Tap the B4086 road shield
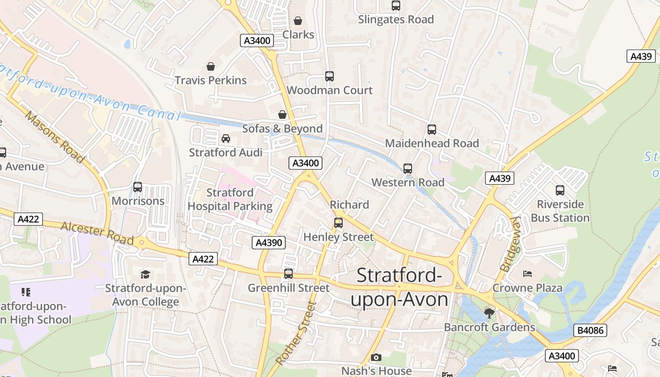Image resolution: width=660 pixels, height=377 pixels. point(590,330)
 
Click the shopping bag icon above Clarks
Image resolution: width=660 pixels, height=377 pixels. point(298,21)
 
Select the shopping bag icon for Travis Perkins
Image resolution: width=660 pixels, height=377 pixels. point(211,66)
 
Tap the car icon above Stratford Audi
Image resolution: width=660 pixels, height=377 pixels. point(226,139)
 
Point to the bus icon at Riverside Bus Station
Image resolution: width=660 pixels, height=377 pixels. point(560,190)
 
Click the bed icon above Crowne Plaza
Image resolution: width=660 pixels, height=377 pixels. point(528,274)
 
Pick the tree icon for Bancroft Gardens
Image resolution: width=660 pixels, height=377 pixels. point(489,313)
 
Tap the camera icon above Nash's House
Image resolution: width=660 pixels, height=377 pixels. point(376,358)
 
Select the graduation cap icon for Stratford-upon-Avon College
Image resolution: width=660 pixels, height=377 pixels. point(145,274)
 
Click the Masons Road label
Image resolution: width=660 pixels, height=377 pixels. point(55,137)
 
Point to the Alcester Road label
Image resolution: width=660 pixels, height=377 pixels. point(97,232)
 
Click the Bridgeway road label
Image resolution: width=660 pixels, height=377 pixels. point(510,244)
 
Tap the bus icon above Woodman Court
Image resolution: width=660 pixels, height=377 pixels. point(330,76)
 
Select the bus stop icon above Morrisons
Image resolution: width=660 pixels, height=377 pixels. point(138,187)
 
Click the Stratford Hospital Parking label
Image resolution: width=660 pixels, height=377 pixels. point(230,199)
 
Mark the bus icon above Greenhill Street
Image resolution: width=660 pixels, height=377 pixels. point(289,274)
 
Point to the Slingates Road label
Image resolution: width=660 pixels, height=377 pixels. point(396,20)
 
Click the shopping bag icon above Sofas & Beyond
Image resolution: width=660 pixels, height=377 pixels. point(282,115)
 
